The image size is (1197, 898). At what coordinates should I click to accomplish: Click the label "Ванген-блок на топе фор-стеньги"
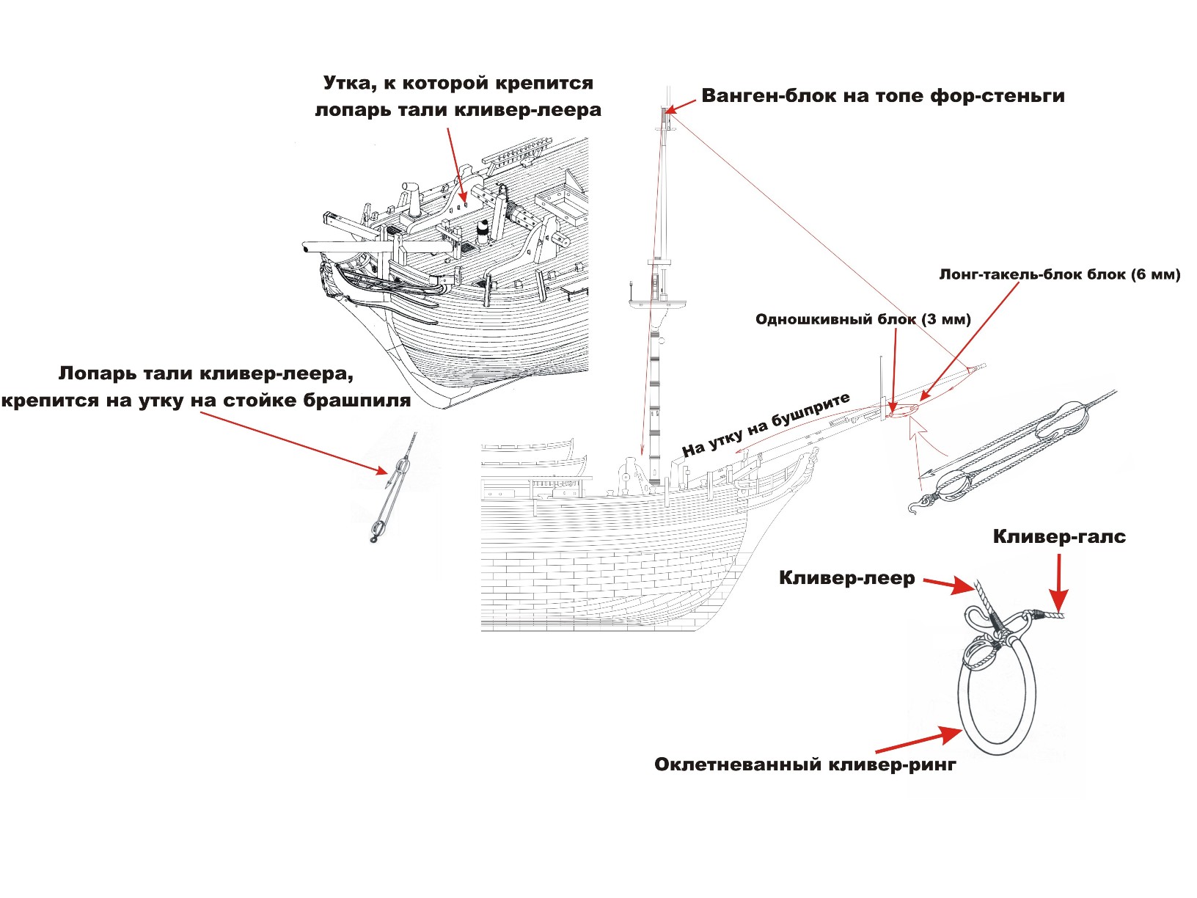pyautogui.click(x=883, y=96)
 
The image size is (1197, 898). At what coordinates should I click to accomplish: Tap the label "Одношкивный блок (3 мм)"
pyautogui.click(x=863, y=319)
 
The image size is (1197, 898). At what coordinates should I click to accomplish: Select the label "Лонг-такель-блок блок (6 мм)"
pyautogui.click(x=1059, y=274)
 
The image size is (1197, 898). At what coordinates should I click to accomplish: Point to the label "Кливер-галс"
pyautogui.click(x=1059, y=536)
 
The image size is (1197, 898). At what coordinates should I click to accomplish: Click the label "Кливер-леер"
pyautogui.click(x=846, y=578)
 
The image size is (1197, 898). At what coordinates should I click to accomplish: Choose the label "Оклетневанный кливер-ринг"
pyautogui.click(x=805, y=764)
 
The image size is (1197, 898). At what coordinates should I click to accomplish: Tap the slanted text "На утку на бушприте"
pyautogui.click(x=766, y=425)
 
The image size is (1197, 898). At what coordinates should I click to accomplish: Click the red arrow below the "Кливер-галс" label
pyautogui.click(x=1058, y=580)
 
